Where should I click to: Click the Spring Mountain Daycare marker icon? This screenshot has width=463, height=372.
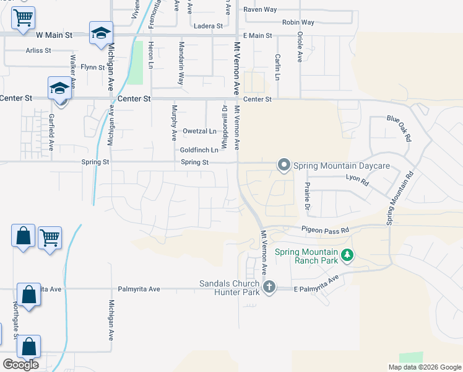pyautogui.click(x=284, y=165)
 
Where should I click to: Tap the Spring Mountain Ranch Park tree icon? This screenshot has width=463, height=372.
pyautogui.click(x=347, y=255)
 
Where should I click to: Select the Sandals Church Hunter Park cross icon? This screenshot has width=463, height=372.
pyautogui.click(x=268, y=286)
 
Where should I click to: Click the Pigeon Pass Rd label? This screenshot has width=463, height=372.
pyautogui.click(x=326, y=230)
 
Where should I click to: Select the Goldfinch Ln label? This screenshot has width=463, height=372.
pyautogui.click(x=199, y=150)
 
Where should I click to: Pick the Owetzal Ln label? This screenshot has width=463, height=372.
pyautogui.click(x=199, y=131)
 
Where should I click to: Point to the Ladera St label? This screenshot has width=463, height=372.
pyautogui.click(x=208, y=26)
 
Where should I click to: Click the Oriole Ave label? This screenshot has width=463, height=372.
pyautogui.click(x=300, y=48)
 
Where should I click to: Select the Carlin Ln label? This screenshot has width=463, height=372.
pyautogui.click(x=278, y=66)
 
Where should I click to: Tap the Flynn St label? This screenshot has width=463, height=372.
pyautogui.click(x=92, y=67)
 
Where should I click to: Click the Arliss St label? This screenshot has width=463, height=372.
pyautogui.click(x=38, y=50)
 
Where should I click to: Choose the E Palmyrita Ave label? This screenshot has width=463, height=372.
pyautogui.click(x=318, y=284)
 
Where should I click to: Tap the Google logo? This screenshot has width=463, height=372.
pyautogui.click(x=20, y=365)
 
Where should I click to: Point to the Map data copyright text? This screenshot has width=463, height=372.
pyautogui.click(x=425, y=367)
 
